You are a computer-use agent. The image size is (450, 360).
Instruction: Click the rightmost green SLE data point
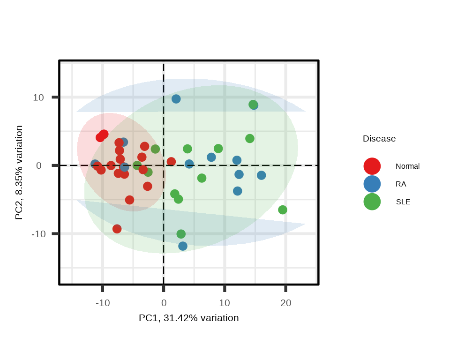pos(283,210)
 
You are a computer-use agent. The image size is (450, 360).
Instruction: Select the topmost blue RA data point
pos(176,99)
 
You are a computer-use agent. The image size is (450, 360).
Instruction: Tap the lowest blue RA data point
pos(183,246)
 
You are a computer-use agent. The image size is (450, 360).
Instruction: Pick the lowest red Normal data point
pos(117,229)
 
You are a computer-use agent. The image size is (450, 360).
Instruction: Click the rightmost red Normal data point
pos(172,162)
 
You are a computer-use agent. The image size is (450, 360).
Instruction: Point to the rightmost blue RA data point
pos(262,175)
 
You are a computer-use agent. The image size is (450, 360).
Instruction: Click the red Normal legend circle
pos(372,166)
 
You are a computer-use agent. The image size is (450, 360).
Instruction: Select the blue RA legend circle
pos(372,184)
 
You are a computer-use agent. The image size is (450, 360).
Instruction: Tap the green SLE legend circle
pos(372,202)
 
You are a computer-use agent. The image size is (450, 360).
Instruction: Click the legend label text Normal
pos(407,166)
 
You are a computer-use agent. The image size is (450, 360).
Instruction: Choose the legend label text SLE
pos(403,202)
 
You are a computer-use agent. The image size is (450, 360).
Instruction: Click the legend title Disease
pos(379,139)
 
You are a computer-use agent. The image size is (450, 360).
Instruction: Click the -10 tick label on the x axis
pos(103,303)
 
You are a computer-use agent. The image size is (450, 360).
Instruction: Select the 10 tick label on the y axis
pos(38,97)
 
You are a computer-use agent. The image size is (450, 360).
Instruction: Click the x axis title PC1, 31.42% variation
pos(189,318)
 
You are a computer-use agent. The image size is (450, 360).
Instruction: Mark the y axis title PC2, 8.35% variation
pos(19,172)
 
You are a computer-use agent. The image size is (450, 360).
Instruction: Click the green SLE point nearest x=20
pos(283,210)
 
